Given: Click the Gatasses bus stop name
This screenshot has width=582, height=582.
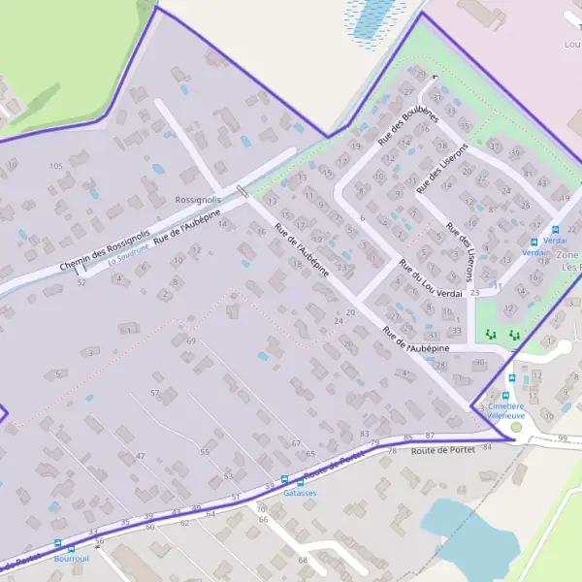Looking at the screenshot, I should click(x=300, y=493).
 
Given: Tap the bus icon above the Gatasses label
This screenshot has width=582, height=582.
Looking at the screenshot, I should click(x=284, y=479).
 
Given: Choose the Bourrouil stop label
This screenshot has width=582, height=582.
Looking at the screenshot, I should click(x=72, y=560).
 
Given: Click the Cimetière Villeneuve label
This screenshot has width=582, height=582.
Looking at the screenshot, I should click(x=505, y=410).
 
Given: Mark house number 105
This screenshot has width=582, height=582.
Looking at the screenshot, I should click(x=55, y=166).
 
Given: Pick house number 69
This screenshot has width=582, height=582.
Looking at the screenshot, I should click(x=191, y=341).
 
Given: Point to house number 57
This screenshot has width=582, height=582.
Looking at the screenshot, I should click(x=154, y=392).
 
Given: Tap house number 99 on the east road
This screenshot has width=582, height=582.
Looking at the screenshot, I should click(x=564, y=438).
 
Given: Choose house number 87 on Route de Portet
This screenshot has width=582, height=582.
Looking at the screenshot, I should click(x=430, y=436).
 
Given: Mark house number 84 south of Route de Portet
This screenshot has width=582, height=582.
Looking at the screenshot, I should click(x=487, y=447).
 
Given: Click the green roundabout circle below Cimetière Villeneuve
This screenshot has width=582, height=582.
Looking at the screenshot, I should click(x=516, y=427).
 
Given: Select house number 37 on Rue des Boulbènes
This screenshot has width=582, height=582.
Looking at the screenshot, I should click(x=494, y=146).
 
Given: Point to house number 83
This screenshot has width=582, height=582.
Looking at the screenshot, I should click(x=365, y=434).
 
